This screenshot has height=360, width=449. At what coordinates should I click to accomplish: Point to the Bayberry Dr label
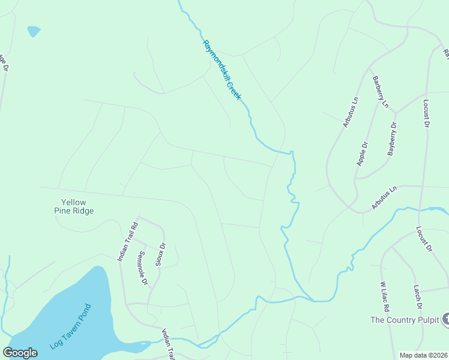click(393, 139)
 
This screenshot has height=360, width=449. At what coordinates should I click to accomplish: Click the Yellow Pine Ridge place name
click(77, 206)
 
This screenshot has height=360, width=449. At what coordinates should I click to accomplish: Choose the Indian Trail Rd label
click(127, 241)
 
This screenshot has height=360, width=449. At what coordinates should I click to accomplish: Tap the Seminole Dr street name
click(143, 268)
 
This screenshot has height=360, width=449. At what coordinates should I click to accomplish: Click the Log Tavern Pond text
click(71, 327)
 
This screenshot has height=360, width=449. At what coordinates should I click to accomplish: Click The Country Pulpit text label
click(405, 320)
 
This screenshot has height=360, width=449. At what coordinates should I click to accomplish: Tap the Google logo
click(20, 353)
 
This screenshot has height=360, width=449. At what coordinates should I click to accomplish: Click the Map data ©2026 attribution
click(423, 355)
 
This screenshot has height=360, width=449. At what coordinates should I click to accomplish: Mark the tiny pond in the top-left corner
click(34, 30)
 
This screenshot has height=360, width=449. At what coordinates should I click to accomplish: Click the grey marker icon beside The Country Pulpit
click(445, 320)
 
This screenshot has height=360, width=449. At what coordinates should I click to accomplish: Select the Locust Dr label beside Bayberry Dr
click(426, 113)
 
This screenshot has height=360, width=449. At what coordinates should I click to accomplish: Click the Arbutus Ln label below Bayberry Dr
click(384, 197)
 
